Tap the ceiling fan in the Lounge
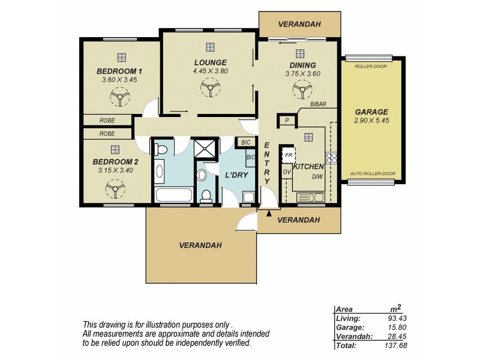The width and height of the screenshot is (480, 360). pyautogui.click(x=210, y=89)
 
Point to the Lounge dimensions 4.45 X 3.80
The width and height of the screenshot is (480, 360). pyautogui.click(x=210, y=71)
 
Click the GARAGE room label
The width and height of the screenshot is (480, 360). pyautogui.click(x=371, y=112)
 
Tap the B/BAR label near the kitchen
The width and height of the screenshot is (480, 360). pyautogui.click(x=318, y=105)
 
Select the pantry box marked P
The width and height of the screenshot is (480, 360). pyautogui.click(x=287, y=121)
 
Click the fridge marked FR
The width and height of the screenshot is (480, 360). pyautogui.click(x=289, y=154)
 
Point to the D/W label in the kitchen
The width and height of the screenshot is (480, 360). pyautogui.click(x=316, y=176)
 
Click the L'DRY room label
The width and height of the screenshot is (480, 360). pyautogui.click(x=233, y=175)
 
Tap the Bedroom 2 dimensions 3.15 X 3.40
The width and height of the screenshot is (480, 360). pyautogui.click(x=115, y=170)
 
